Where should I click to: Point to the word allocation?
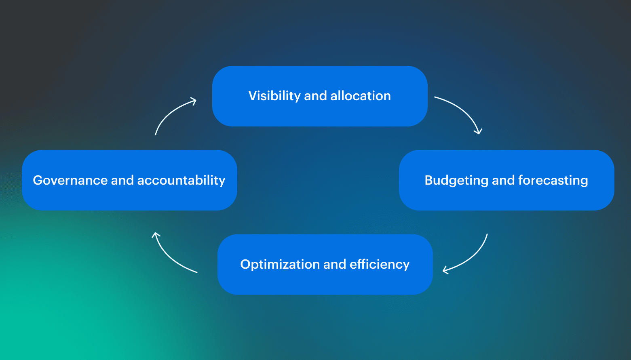(x=361, y=96)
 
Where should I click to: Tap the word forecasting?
(x=553, y=180)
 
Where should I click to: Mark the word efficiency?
(x=380, y=264)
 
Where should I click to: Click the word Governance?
(x=70, y=180)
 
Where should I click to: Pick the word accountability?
(x=181, y=180)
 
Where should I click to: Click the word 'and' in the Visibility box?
(x=315, y=96)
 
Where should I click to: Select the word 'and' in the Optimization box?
(x=335, y=264)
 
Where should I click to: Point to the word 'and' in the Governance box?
(x=122, y=180)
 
